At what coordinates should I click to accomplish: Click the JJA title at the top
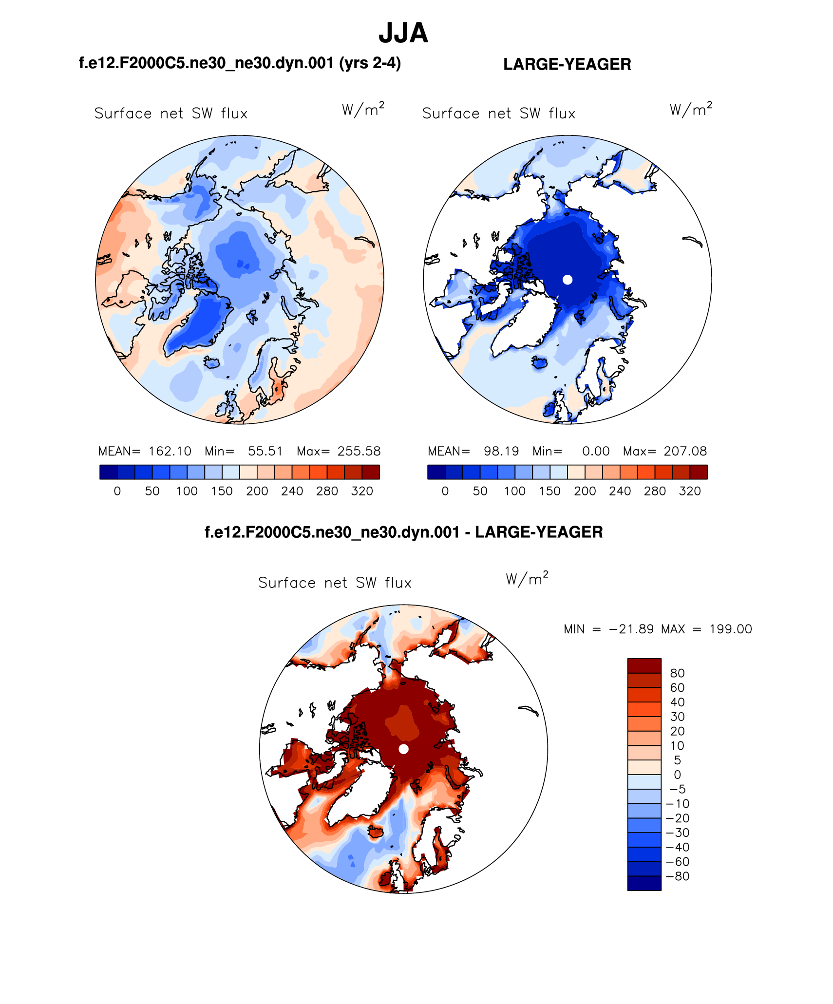pyautogui.click(x=403, y=33)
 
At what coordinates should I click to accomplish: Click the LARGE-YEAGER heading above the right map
pyautogui.click(x=567, y=64)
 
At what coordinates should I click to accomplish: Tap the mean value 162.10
pyautogui.click(x=170, y=451)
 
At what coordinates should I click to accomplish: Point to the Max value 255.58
pyautogui.click(x=359, y=451)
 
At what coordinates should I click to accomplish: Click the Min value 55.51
pyautogui.click(x=265, y=451)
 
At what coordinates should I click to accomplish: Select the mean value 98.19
pyautogui.click(x=501, y=451)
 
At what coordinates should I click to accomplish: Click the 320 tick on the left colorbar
pyautogui.click(x=362, y=491)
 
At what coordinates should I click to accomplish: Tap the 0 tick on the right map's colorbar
pyautogui.click(x=445, y=491)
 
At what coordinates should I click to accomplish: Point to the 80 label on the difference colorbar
pyautogui.click(x=677, y=673)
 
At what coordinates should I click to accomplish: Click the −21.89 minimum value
pyautogui.click(x=631, y=629)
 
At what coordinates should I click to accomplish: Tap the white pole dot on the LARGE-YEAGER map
pyautogui.click(x=567, y=280)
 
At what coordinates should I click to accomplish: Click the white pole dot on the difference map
pyautogui.click(x=403, y=749)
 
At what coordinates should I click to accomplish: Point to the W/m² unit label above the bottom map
pyautogui.click(x=527, y=579)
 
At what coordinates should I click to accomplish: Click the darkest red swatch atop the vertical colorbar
pyautogui.click(x=644, y=665)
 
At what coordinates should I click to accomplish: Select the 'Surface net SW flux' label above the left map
pyautogui.click(x=171, y=114)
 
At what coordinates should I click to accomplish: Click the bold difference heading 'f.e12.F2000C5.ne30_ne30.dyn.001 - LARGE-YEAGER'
pyautogui.click(x=403, y=532)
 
